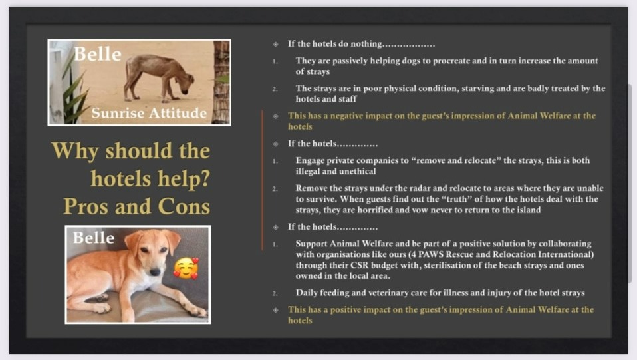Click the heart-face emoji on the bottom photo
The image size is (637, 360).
(186, 268)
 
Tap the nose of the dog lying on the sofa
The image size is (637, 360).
(155, 271)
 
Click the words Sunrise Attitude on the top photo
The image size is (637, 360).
(149, 112)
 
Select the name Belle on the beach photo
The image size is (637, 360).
(98, 54)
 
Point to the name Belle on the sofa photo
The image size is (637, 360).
(94, 237)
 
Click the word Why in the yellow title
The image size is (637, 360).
(74, 150)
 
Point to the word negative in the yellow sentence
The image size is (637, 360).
(346, 116)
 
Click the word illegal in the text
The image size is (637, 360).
(308, 171)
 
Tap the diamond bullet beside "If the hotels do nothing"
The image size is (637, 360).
(275, 44)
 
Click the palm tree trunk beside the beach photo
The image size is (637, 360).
(221, 81)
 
